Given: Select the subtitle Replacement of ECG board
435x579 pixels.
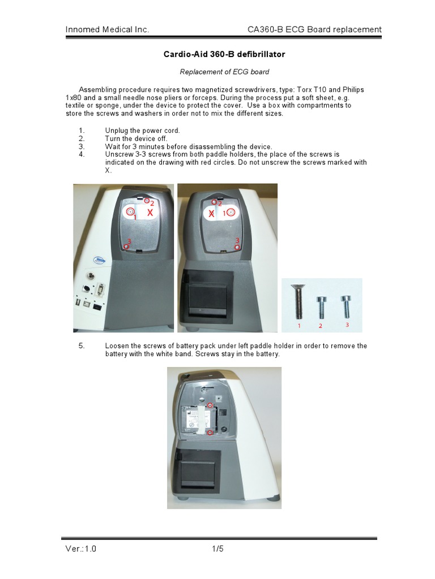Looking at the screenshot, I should click(x=224, y=72).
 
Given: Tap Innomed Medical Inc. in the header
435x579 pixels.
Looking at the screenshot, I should click(x=107, y=29).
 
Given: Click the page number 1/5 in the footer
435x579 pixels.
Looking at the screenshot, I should click(x=218, y=548).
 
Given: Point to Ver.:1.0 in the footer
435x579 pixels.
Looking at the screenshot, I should click(x=80, y=548).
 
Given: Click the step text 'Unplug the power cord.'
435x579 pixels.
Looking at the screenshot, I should click(x=142, y=131).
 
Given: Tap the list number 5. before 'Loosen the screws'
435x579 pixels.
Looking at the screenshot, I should click(x=82, y=345).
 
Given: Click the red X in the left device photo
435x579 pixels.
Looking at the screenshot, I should click(x=150, y=213).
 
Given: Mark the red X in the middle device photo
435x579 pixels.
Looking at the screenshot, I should click(x=211, y=214).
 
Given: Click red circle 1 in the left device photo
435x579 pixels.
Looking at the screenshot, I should click(x=130, y=211).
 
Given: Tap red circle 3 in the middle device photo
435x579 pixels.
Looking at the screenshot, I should click(x=237, y=247).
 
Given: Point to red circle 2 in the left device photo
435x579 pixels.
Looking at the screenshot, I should click(x=147, y=200).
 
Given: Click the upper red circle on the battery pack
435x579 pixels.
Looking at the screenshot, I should click(x=210, y=405).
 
